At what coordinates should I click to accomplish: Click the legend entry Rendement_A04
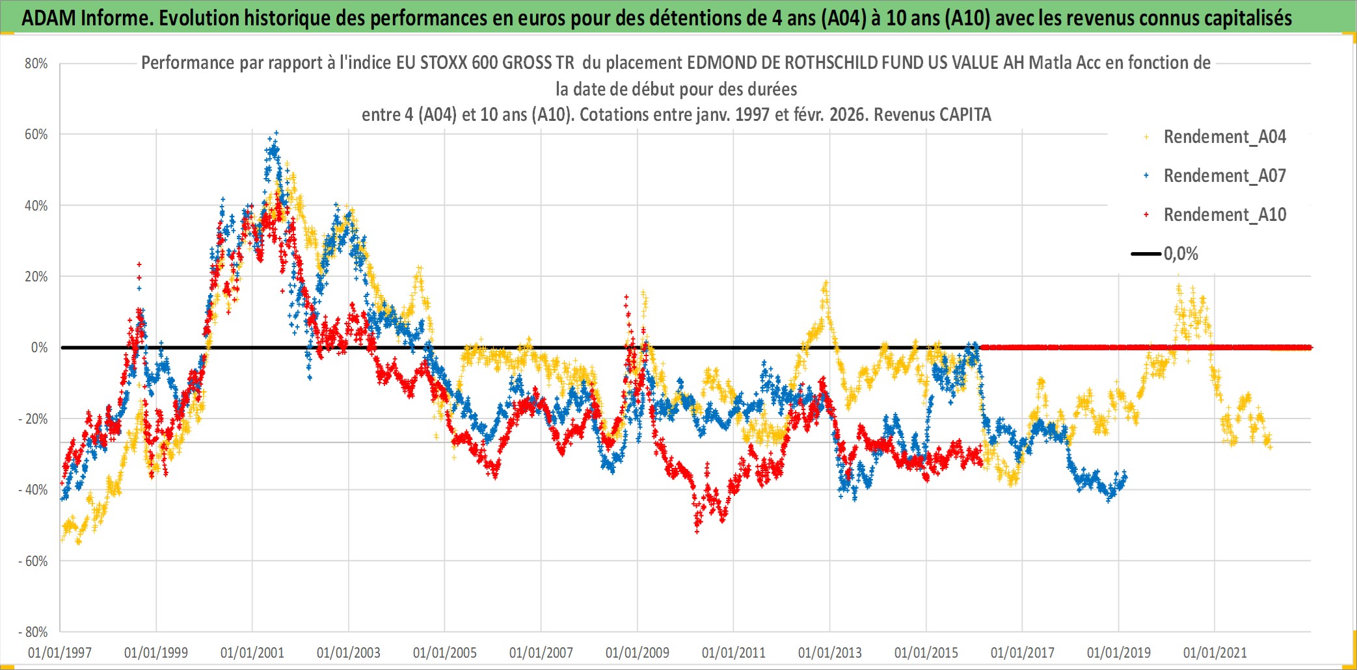click(1224, 136)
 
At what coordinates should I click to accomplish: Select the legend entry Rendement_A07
click(1224, 175)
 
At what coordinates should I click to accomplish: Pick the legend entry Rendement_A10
click(1224, 214)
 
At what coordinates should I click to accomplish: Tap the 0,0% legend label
click(1181, 253)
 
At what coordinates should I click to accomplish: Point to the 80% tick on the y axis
click(36, 64)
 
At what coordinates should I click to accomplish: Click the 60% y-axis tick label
click(36, 135)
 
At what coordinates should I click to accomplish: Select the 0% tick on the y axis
click(39, 348)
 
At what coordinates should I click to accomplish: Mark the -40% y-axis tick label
click(34, 490)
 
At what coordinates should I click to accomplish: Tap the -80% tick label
click(34, 632)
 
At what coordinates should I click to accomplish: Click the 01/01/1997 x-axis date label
click(60, 652)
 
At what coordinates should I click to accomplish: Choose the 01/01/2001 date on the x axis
click(252, 652)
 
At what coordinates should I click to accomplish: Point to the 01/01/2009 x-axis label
click(638, 652)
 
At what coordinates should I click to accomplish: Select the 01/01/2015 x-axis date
click(926, 652)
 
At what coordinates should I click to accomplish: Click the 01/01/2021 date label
click(1215, 652)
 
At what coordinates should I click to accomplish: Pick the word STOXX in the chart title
click(444, 62)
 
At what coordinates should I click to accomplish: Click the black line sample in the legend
click(1146, 253)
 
